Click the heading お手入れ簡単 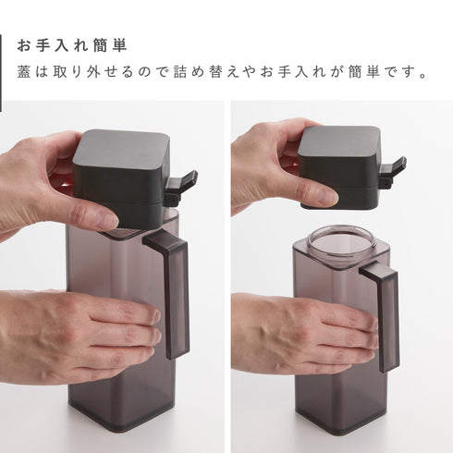tap(72, 45)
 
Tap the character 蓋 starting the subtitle tap(24, 72)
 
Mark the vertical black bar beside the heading tap(1, 73)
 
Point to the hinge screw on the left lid tap(173, 199)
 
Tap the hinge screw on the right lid tap(386, 184)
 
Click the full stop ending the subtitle tap(423, 76)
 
